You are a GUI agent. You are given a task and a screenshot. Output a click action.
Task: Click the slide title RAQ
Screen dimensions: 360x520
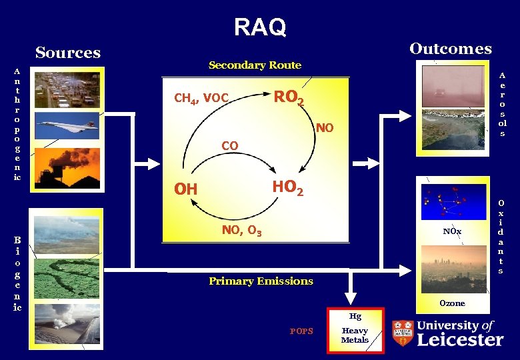pos(260,27)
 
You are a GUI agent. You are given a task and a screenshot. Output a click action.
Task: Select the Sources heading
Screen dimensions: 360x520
pos(68,53)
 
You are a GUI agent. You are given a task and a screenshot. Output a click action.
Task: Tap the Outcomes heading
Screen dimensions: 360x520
pos(451,49)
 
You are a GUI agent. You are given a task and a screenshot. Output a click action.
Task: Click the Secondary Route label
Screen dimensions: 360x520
pos(255,65)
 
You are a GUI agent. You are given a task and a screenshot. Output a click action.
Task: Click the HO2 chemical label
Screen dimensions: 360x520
pos(287,189)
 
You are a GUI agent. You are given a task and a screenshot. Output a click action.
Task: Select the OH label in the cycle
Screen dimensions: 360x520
pos(186,190)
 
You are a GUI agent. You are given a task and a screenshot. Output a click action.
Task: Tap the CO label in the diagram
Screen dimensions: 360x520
pos(229,145)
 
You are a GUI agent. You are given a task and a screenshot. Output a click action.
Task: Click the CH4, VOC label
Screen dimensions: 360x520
pos(201,99)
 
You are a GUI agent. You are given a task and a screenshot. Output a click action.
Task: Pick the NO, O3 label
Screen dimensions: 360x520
pos(241,231)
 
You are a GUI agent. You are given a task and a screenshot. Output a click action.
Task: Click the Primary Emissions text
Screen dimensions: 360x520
pos(261,281)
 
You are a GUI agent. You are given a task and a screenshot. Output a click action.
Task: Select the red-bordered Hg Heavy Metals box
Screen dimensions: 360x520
pos(355,329)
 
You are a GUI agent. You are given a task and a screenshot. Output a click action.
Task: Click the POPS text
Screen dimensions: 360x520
pos(301,331)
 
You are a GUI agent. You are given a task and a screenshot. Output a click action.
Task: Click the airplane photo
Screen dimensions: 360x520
pos(67,125)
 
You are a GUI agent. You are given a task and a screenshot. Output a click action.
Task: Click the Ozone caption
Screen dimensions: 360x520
pos(452,303)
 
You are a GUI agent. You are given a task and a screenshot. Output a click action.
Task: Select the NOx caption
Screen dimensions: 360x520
pos(452,231)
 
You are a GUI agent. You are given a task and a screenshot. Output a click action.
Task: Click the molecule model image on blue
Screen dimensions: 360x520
pos(452,201)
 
